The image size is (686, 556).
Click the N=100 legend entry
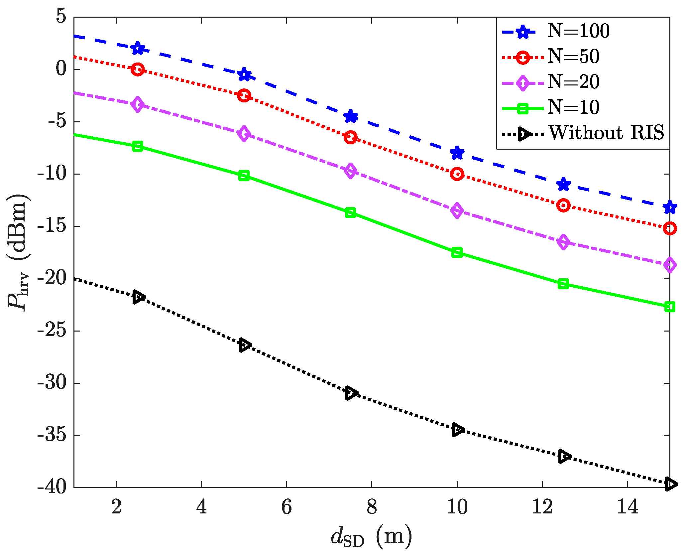(x=578, y=31)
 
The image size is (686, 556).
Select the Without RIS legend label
(x=606, y=133)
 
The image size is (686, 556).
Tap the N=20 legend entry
(x=573, y=82)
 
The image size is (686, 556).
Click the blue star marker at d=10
(x=457, y=153)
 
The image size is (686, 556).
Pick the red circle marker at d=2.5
(x=138, y=69)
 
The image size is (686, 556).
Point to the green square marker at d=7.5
(x=350, y=212)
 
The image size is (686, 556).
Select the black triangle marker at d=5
(x=244, y=346)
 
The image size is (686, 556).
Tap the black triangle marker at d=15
(x=670, y=484)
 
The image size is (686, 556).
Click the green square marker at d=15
(x=670, y=307)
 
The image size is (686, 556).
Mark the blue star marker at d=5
(x=244, y=74)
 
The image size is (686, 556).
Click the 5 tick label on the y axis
(x=61, y=17)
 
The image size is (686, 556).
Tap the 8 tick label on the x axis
(x=372, y=507)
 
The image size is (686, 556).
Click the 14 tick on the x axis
(x=627, y=507)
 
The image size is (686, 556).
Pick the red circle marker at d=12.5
(x=563, y=206)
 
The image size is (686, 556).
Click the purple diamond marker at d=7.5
(x=350, y=171)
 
